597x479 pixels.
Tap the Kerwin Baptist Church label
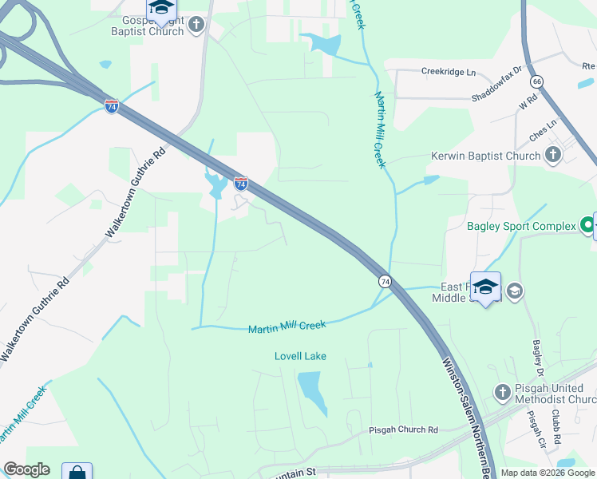(x=485, y=156)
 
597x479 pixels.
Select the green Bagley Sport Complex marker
(x=589, y=226)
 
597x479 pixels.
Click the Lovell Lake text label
(x=300, y=356)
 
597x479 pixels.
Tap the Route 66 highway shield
(x=536, y=81)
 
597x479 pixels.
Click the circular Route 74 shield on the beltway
(x=385, y=281)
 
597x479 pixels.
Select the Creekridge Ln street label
(x=448, y=72)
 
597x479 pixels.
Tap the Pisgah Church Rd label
(x=404, y=430)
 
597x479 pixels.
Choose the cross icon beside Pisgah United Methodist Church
(x=502, y=392)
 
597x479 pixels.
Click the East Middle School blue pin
(x=485, y=287)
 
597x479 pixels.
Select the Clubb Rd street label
(x=556, y=428)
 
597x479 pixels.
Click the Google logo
(x=26, y=469)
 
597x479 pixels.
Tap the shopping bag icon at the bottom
(x=77, y=472)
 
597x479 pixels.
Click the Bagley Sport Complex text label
(x=521, y=227)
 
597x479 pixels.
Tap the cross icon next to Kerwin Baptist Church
(x=552, y=156)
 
